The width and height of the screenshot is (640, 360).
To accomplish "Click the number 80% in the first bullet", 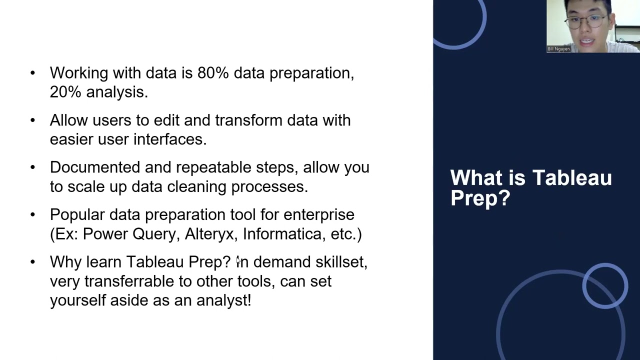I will tap(213, 73).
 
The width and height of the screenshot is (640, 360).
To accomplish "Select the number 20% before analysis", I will tap(65, 92).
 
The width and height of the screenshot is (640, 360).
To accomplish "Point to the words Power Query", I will tap(131, 234).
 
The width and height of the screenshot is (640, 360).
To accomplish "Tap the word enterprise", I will tap(318, 215).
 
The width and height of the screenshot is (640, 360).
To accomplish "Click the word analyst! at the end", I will tap(223, 300).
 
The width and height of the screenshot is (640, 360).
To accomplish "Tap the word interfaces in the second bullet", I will tap(170, 139).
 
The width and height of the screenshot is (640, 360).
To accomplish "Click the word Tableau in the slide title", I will tap(572, 178).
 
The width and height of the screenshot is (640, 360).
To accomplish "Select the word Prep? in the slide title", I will tap(480, 198).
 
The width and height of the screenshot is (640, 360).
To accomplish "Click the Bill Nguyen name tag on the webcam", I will tap(558, 49).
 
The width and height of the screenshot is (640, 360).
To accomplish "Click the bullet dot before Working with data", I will tap(33, 73).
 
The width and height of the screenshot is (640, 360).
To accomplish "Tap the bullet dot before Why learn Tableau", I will tap(33, 262).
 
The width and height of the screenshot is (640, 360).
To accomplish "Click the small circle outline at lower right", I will tap(605, 285).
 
